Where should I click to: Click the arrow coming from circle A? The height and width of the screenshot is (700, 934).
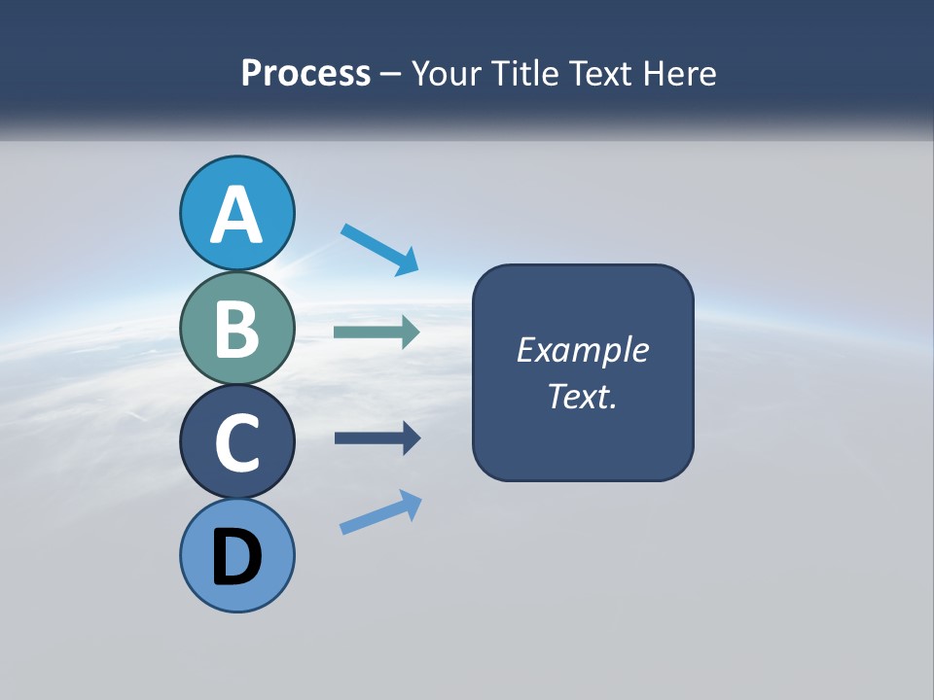tap(379, 249)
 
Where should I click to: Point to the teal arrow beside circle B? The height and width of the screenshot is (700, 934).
tap(377, 332)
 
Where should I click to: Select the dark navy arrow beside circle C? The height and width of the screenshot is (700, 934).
tap(377, 438)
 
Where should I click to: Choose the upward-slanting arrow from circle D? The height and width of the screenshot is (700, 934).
tap(380, 512)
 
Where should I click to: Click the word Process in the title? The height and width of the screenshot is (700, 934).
tap(305, 73)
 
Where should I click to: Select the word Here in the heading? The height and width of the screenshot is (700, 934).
tap(681, 73)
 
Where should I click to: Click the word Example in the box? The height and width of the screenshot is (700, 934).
tap(582, 350)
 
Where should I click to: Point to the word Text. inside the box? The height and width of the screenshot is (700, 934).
tap(582, 397)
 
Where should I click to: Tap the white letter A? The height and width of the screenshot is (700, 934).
tap(236, 216)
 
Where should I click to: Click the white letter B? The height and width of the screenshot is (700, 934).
tap(236, 329)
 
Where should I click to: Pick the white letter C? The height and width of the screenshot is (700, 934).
tap(236, 443)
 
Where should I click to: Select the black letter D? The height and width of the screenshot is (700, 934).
tap(236, 558)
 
